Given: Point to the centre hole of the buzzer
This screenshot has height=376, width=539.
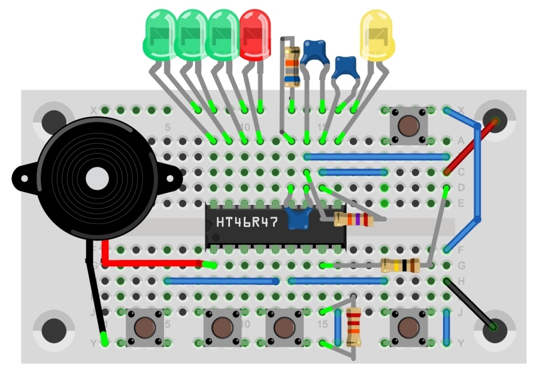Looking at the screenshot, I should pyautogui.click(x=96, y=179).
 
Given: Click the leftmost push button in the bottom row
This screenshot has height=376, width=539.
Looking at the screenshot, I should pyautogui.click(x=144, y=328).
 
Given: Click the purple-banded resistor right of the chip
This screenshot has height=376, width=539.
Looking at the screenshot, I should pyautogui.click(x=353, y=220).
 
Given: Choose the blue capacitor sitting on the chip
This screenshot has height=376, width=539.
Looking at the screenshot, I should pyautogui.click(x=298, y=218).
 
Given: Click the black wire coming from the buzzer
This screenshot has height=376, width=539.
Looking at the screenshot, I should pyautogui.click(x=95, y=299).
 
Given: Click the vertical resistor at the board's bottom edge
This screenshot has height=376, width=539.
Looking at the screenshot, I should pyautogui.click(x=353, y=327).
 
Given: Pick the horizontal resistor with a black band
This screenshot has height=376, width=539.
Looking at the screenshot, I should pyautogui.click(x=400, y=265).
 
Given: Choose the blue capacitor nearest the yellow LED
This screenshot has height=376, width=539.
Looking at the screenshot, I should pyautogui.click(x=346, y=67).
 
